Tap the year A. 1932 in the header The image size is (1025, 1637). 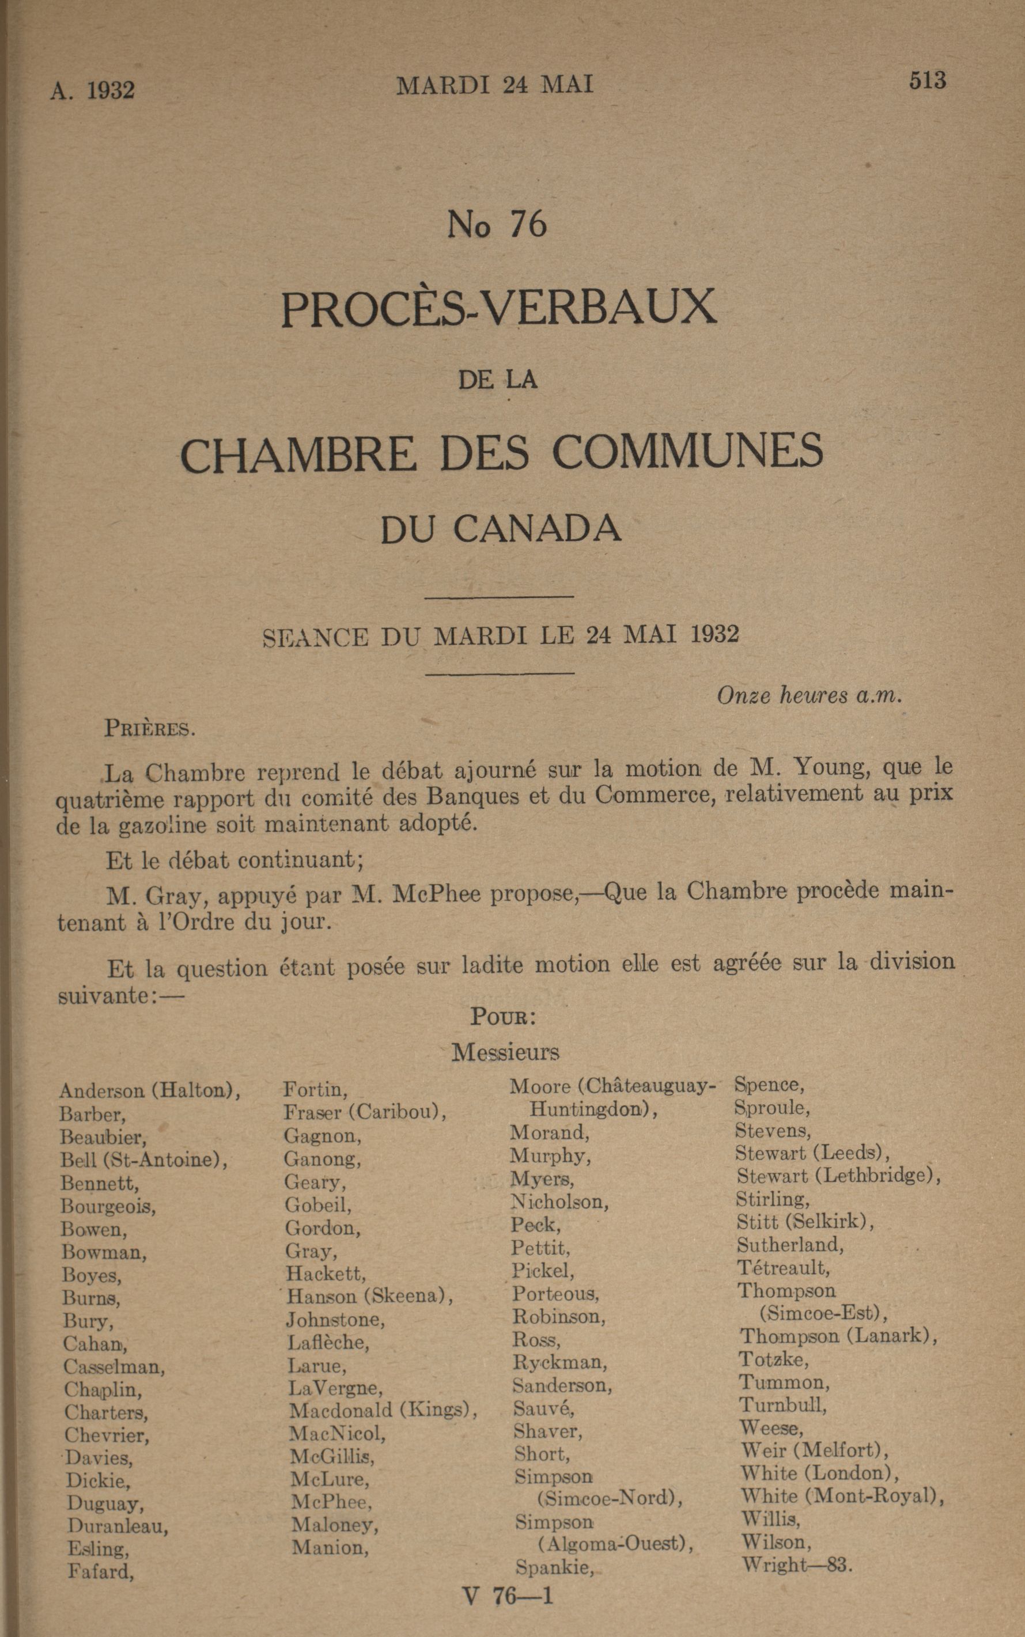[92, 90]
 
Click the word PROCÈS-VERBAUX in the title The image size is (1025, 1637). [499, 308]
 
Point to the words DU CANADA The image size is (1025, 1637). [500, 529]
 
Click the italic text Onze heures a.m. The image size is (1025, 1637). [810, 696]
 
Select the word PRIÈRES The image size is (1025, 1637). [150, 729]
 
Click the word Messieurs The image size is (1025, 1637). [505, 1052]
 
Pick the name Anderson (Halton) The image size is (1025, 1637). [150, 1090]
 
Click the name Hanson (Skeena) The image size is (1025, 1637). [369, 1296]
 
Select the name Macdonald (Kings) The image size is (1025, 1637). [383, 1410]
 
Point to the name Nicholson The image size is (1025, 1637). [559, 1202]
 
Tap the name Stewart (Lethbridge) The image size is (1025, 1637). [838, 1175]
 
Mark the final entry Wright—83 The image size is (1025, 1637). [796, 1565]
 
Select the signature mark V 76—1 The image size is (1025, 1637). [507, 1596]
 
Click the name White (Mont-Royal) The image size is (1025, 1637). [842, 1495]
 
